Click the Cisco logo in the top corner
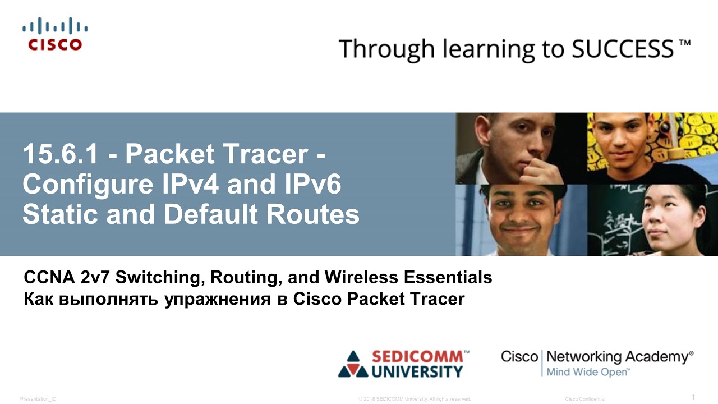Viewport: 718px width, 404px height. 56,34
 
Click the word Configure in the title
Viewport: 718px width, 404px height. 84,185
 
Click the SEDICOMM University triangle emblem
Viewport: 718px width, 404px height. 352,364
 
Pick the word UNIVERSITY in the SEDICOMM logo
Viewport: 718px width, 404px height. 418,371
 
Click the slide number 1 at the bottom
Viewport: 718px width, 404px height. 693,397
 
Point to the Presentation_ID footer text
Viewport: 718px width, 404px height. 38,399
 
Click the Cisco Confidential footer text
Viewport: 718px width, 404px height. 585,399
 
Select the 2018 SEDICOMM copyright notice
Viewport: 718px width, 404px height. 414,399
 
